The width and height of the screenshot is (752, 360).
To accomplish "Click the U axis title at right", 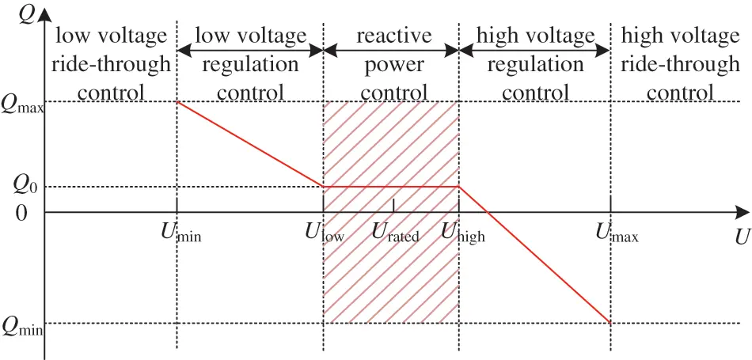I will tap(740, 237).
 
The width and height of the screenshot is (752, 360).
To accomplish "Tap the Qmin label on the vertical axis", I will tap(22, 325).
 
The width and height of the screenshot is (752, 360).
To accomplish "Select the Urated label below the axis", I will tap(395, 233).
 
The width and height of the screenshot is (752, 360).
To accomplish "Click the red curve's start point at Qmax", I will tap(177, 102).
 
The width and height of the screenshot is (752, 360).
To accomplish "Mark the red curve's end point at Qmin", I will tap(611, 323).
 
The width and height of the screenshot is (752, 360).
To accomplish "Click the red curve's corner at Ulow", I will tap(324, 187).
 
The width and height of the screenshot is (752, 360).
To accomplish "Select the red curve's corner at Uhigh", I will tap(459, 187).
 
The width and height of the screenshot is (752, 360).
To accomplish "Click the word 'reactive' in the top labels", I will tap(393, 36).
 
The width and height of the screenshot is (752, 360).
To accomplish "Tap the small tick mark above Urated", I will tap(393, 207).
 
